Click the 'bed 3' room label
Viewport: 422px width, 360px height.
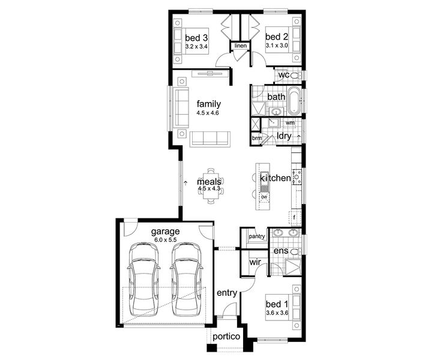click(196, 38)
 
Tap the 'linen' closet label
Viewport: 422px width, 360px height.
click(240, 46)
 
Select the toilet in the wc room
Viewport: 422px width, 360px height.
click(296, 76)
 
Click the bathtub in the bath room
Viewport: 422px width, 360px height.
click(294, 101)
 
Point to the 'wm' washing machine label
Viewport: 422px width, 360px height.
click(290, 122)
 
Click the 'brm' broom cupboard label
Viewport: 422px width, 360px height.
click(257, 138)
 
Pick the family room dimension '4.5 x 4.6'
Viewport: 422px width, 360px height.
click(208, 113)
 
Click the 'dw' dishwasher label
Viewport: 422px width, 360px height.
click(264, 197)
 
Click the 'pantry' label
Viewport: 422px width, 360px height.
click(257, 236)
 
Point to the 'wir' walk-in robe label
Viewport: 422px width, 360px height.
click(255, 262)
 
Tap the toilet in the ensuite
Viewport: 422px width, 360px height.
click(297, 252)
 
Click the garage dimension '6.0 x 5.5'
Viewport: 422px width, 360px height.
click(166, 240)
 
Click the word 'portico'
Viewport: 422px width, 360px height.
click(226, 337)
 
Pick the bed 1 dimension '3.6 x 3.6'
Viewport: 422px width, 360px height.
click(277, 313)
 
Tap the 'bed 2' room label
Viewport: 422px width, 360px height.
click(277, 37)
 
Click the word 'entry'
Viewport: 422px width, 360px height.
click(227, 293)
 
